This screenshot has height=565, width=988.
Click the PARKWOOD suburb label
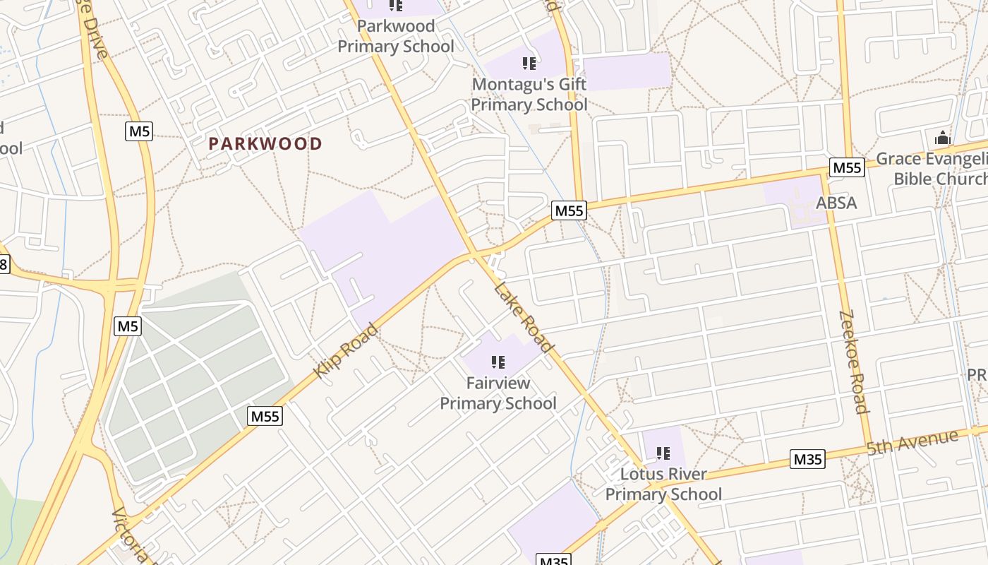(265, 143)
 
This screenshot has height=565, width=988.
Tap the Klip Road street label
(346, 350)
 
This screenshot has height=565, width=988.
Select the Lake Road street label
(523, 316)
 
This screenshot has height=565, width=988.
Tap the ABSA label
(836, 203)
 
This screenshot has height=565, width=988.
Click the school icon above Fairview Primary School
(498, 362)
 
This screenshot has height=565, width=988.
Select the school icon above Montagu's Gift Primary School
(529, 64)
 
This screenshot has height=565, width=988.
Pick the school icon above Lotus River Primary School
(663, 453)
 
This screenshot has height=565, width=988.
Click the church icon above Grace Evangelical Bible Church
(943, 138)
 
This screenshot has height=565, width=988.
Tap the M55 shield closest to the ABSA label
(846, 167)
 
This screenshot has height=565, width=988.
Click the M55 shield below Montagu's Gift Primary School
(569, 210)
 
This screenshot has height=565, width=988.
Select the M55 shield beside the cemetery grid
(265, 416)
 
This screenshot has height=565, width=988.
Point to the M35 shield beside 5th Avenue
(807, 459)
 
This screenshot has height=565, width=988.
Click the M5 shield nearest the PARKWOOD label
(139, 131)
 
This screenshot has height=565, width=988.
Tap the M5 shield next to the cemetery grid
(128, 326)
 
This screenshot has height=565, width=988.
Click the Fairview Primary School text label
(498, 393)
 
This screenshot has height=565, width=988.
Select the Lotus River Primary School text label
(663, 484)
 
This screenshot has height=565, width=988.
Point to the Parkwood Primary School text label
(395, 36)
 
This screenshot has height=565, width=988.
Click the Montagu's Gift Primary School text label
(529, 94)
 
